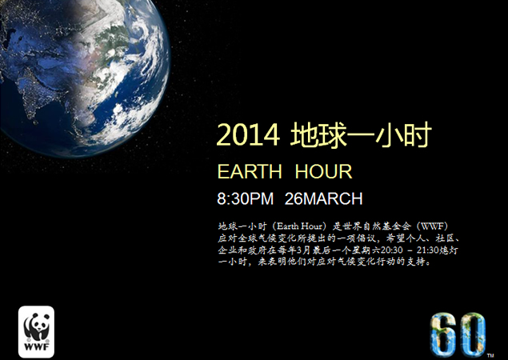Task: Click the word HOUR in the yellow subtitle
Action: click(x=323, y=172)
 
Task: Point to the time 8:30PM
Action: click(x=246, y=198)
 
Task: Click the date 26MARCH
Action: click(x=323, y=198)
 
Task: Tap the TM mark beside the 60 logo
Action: click(x=490, y=353)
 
